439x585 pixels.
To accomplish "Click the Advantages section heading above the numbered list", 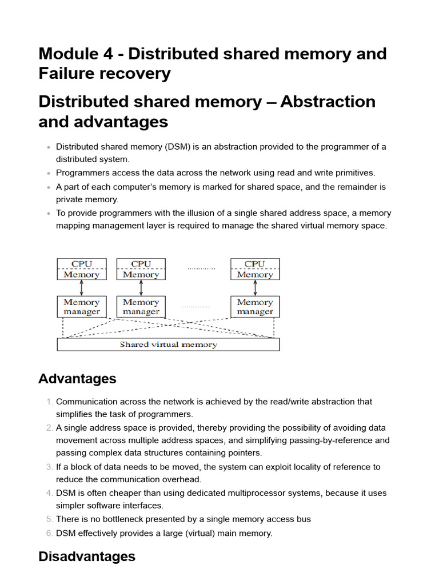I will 77,379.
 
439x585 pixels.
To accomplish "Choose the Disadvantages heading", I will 87,556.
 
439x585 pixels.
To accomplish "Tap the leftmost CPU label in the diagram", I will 81,264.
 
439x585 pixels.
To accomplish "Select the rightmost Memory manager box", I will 254,307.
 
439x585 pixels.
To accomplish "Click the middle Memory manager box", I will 141,307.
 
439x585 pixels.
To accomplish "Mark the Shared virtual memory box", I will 168,344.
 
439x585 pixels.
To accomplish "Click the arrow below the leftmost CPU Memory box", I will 81,287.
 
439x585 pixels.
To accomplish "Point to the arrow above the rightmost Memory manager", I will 254,287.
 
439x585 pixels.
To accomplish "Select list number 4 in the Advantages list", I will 49,493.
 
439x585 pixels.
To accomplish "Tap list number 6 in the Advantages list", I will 49,533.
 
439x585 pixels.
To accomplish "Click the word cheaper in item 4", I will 120,493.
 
